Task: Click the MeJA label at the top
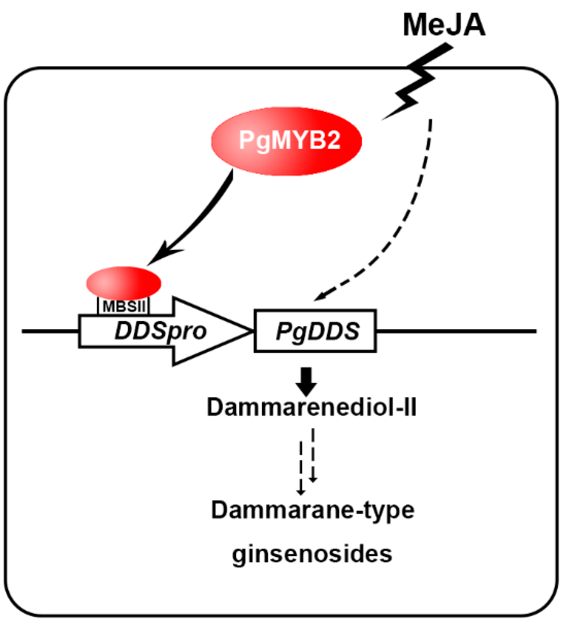pyautogui.click(x=444, y=25)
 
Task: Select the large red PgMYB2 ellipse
pyautogui.click(x=287, y=141)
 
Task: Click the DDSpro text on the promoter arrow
pyautogui.click(x=160, y=331)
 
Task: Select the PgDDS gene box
pyautogui.click(x=315, y=331)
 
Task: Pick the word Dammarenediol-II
pyautogui.click(x=311, y=408)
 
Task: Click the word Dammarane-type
pyautogui.click(x=312, y=510)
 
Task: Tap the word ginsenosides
pyautogui.click(x=312, y=554)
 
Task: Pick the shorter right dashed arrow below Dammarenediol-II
pyautogui.click(x=313, y=454)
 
